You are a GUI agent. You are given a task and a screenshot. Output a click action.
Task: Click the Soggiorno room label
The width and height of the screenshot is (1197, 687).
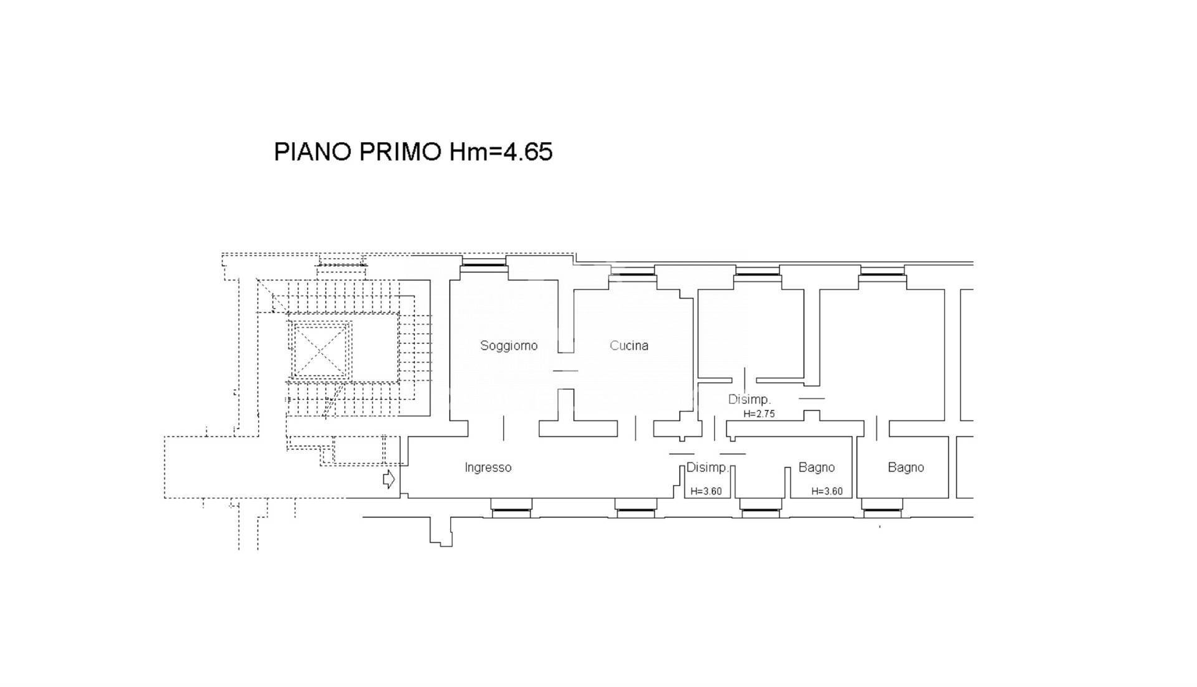click(509, 346)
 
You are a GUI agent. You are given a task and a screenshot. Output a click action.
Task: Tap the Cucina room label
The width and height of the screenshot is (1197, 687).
click(629, 345)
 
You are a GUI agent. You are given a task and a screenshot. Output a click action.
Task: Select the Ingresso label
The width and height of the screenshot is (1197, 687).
click(488, 468)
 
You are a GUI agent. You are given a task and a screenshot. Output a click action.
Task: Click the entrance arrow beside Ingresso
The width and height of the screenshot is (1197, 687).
click(388, 479)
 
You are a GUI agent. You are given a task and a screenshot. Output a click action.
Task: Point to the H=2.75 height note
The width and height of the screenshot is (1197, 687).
click(759, 413)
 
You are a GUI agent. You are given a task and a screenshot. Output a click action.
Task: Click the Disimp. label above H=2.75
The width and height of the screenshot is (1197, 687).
click(749, 400)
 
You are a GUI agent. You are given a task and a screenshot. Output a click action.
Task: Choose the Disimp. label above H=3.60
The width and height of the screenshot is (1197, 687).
click(708, 468)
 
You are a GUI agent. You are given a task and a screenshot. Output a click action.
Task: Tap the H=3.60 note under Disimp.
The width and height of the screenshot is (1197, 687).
click(706, 491)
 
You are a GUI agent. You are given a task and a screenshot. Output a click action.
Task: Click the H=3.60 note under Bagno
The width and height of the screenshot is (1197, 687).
click(827, 491)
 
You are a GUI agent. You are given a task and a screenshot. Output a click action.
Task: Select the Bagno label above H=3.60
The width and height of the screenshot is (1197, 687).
click(817, 468)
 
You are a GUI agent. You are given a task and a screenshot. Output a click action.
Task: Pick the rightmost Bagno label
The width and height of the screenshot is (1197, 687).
click(906, 468)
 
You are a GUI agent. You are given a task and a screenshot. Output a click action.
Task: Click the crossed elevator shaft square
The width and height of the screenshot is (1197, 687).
click(319, 351)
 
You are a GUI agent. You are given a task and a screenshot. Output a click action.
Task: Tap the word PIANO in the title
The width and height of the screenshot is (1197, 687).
click(314, 152)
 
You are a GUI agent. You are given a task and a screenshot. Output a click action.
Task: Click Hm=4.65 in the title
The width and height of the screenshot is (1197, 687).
click(501, 152)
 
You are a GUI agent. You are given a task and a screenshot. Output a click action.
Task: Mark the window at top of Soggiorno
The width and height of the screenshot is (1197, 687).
click(484, 265)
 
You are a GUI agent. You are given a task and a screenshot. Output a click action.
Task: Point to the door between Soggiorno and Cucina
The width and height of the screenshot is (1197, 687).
click(565, 371)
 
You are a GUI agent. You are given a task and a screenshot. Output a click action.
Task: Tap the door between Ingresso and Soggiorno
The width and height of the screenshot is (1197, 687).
click(504, 428)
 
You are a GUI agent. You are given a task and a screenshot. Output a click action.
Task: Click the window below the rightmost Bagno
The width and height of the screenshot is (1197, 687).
click(882, 511)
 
